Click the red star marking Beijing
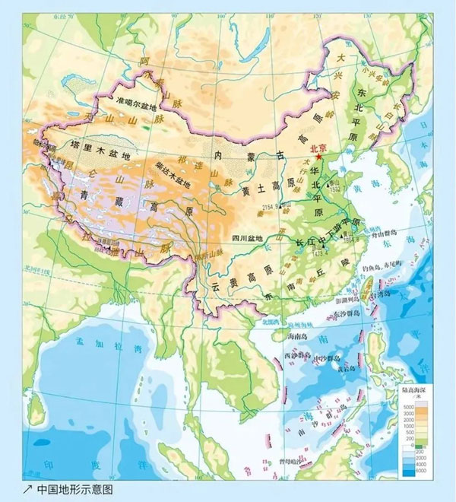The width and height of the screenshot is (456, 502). (320, 157)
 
